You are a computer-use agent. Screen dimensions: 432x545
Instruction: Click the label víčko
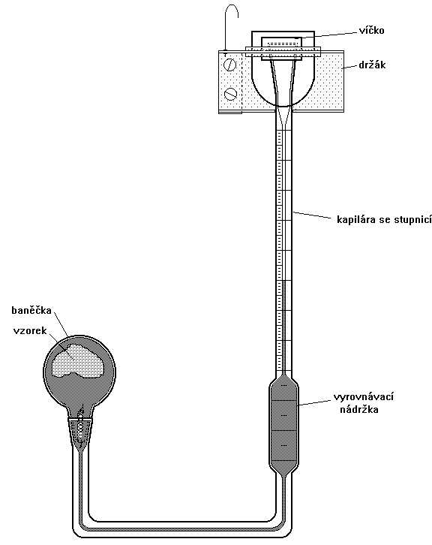coord(371,31)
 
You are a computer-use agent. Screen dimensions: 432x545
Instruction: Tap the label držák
coord(372,65)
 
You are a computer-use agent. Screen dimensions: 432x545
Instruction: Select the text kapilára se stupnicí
coord(384,220)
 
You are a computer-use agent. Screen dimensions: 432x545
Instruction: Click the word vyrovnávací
coord(364,397)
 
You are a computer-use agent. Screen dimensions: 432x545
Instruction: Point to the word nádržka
coord(358,409)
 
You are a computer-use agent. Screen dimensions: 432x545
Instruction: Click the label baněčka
coord(31,310)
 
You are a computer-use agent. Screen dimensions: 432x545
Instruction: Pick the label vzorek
coord(30,330)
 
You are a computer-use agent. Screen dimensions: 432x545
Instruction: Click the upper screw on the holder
coord(230,65)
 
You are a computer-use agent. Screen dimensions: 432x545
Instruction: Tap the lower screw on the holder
coord(230,93)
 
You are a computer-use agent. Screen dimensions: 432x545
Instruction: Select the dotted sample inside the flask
coord(79,360)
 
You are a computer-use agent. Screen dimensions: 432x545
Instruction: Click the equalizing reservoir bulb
coord(283,426)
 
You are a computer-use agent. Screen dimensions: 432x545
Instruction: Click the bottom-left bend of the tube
coord(79,527)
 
